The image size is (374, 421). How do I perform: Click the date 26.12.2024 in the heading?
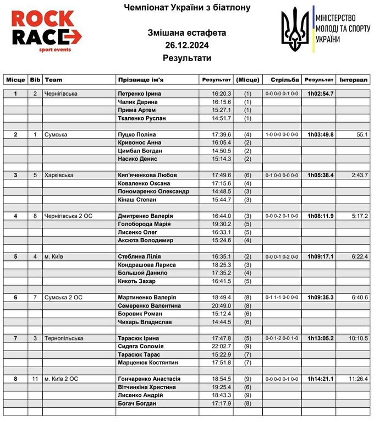pos(187,45)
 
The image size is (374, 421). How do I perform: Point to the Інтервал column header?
pos(354,80)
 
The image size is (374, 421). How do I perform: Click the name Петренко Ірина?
pos(137,94)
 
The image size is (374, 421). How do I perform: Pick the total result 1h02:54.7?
pos(320,94)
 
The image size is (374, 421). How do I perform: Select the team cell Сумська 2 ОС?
pos(68,298)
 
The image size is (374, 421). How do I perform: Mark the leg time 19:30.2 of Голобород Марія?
pos(222,224)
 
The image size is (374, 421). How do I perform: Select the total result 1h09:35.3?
pos(320,298)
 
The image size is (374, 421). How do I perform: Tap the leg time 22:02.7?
pos(222,346)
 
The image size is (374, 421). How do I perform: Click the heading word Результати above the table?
pos(187,58)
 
